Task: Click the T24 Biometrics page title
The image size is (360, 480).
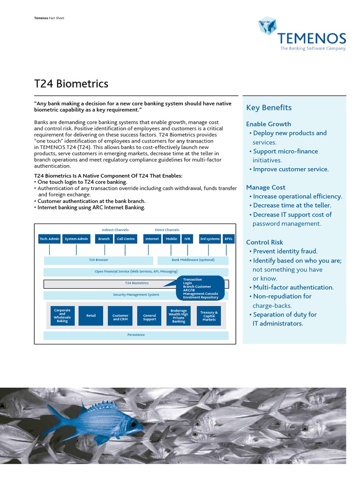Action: (x=71, y=84)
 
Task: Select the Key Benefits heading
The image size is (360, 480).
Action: (x=269, y=108)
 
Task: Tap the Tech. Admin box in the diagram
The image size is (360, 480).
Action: (x=49, y=239)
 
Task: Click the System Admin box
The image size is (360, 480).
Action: (x=76, y=239)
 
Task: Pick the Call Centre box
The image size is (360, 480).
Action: (x=126, y=239)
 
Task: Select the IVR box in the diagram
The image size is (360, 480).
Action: (x=187, y=239)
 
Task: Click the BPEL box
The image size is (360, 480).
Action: (x=228, y=239)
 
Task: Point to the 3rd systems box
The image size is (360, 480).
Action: (x=210, y=239)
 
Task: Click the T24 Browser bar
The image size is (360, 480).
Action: (x=98, y=260)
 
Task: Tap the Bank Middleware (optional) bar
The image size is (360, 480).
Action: (x=193, y=260)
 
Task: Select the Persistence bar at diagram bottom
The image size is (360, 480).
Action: (x=136, y=335)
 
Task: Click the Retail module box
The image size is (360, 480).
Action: (x=91, y=316)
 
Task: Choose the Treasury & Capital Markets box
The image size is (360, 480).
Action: (x=209, y=316)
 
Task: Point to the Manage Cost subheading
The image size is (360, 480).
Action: (x=265, y=187)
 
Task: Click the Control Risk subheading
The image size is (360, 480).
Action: (x=264, y=242)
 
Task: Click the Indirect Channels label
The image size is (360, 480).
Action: (x=115, y=230)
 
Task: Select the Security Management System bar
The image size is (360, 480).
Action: (x=136, y=295)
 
